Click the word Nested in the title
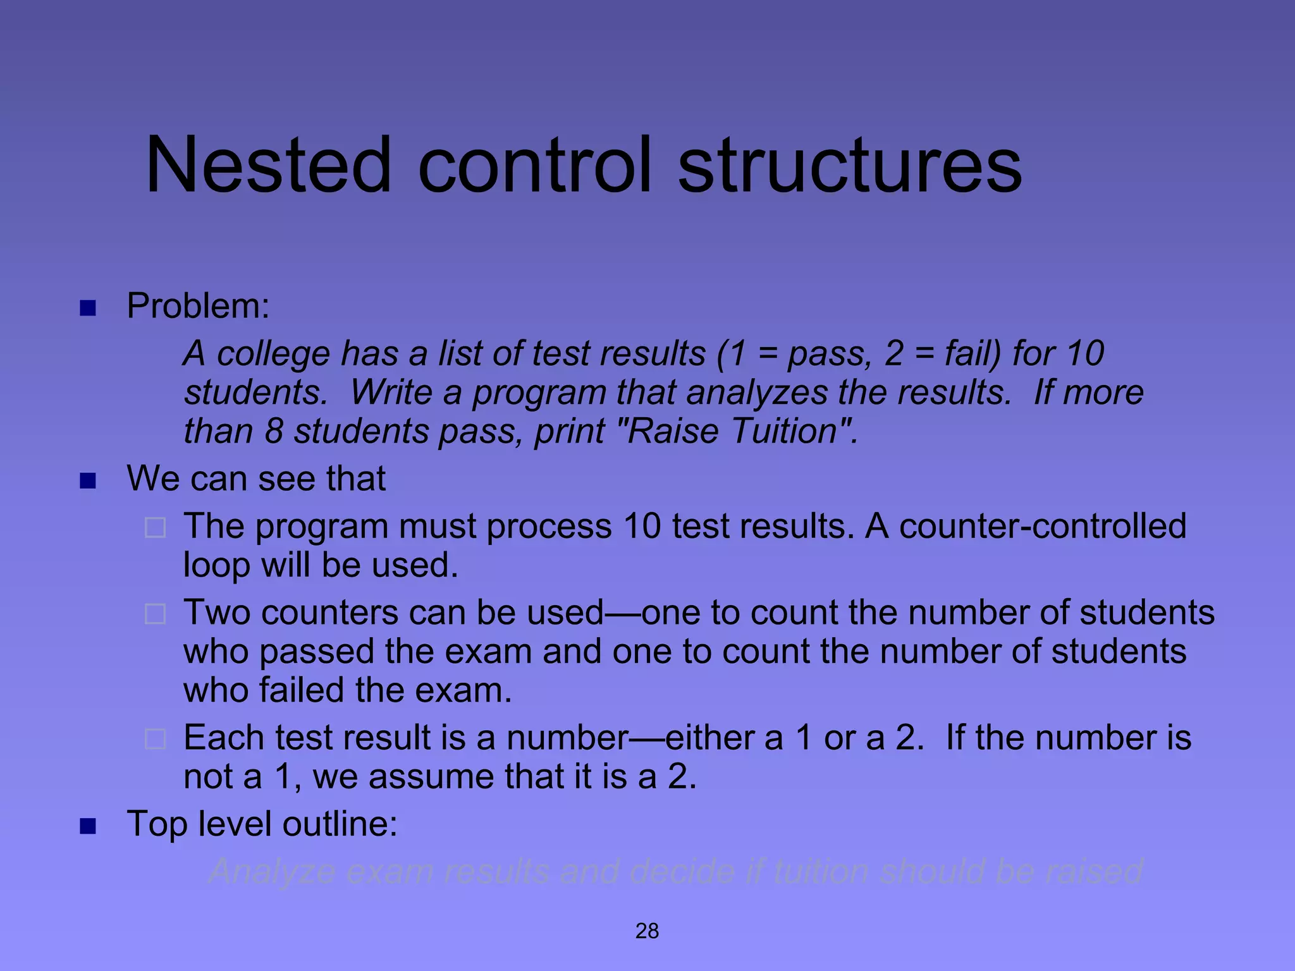point(268,166)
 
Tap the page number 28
point(647,931)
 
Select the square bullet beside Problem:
point(88,308)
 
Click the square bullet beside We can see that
point(88,481)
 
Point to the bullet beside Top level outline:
point(88,826)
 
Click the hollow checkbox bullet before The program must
point(156,527)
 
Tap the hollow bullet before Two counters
point(156,614)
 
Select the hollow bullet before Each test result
point(156,739)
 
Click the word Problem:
point(198,306)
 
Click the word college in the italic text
point(273,354)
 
